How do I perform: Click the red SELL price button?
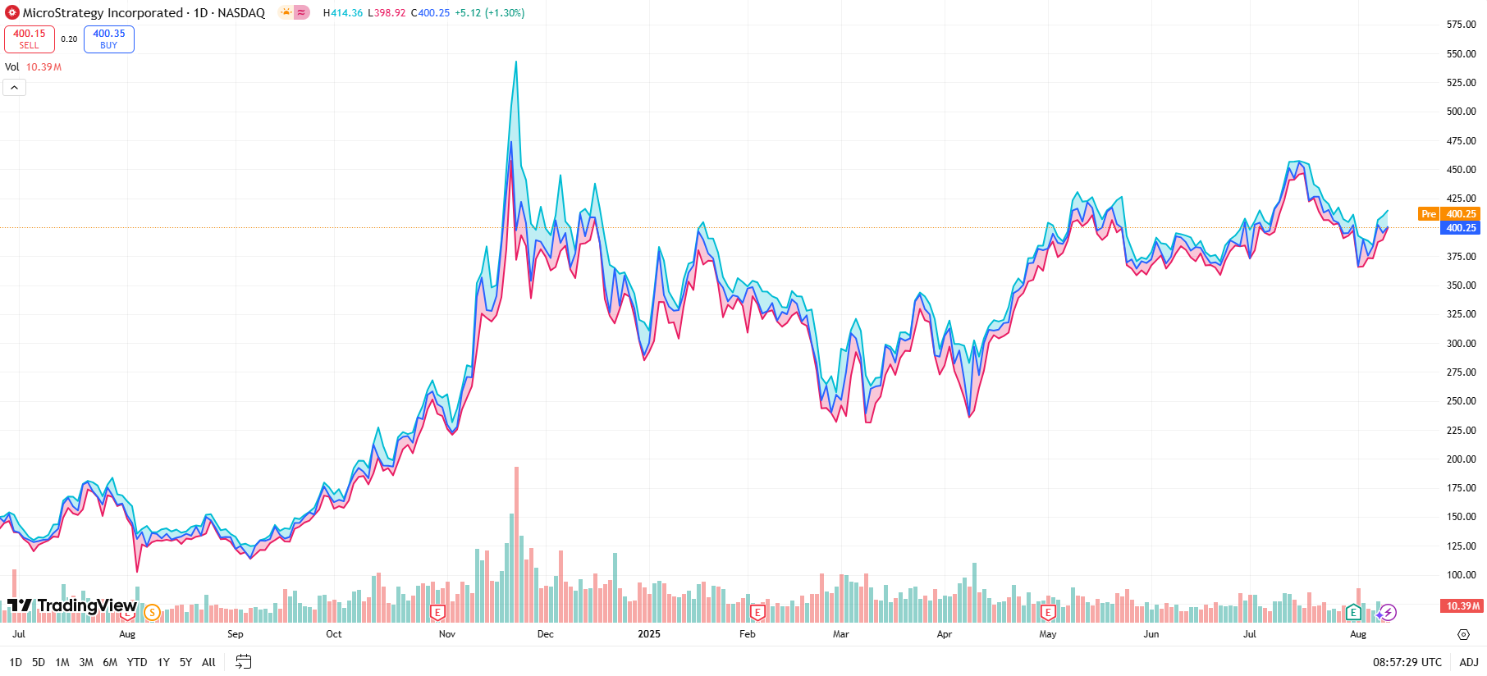click(x=30, y=39)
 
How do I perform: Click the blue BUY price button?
click(x=108, y=39)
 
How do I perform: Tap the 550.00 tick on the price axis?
click(x=1461, y=54)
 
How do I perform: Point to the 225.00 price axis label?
click(x=1461, y=431)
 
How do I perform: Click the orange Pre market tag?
click(x=1429, y=214)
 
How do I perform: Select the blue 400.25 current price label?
click(x=1461, y=228)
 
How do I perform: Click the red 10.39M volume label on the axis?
click(x=1462, y=606)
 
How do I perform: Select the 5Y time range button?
click(x=185, y=662)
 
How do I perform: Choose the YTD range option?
click(x=137, y=662)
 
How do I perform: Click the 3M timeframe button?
click(x=85, y=662)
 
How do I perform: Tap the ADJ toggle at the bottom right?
click(x=1468, y=662)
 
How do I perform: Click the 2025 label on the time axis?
click(x=648, y=634)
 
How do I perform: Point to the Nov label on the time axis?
click(x=446, y=634)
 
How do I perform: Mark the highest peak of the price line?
click(x=516, y=62)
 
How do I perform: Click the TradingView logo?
click(x=72, y=605)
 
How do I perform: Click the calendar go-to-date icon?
click(x=243, y=661)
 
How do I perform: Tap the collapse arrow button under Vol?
click(x=15, y=88)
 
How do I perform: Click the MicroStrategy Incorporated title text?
click(x=103, y=12)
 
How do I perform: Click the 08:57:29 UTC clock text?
click(x=1407, y=662)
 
